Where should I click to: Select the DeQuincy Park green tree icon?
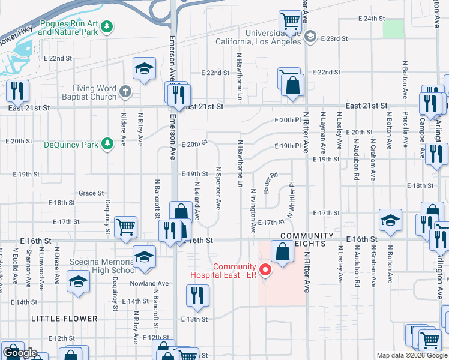[x=107, y=144]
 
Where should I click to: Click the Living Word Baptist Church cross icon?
[x=125, y=92]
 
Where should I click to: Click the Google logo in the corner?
[x=20, y=353]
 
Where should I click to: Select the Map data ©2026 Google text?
[x=411, y=355]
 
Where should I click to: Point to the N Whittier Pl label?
[x=291, y=200]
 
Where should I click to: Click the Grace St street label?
[x=91, y=193]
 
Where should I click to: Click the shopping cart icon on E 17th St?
[x=126, y=226]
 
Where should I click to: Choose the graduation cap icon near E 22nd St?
[x=144, y=68]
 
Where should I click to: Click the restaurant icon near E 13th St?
[x=196, y=294]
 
